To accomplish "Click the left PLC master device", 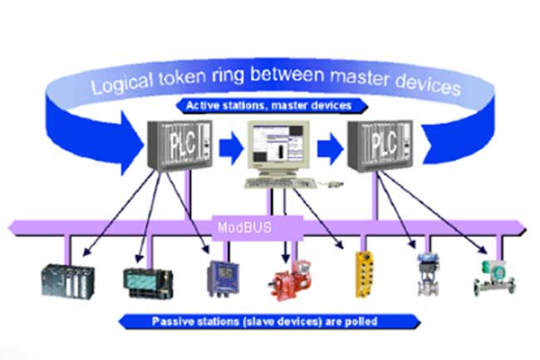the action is tap(179, 145).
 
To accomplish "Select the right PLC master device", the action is tap(380, 145).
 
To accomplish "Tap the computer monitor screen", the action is tap(277, 143).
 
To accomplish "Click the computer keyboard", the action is tap(280, 183).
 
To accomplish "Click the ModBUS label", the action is tap(244, 227).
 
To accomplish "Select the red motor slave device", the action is tap(290, 281).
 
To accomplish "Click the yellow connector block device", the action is tap(364, 274).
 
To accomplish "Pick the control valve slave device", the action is tap(428, 274).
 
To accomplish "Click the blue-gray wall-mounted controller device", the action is tap(223, 279).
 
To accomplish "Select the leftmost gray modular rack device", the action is tap(68, 282).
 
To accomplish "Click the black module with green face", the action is tap(149, 283).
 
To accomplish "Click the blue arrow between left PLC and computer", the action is tap(231, 148).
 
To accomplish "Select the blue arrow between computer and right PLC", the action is tap(330, 149).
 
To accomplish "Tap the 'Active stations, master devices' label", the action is tap(268, 106).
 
